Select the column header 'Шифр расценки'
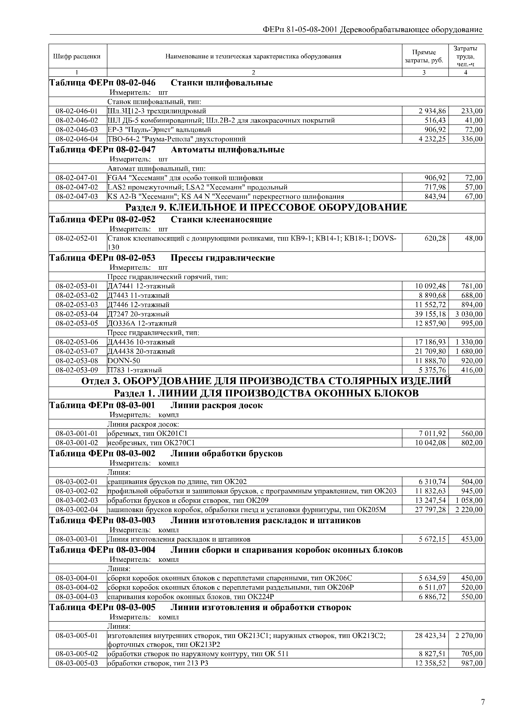(x=77, y=56)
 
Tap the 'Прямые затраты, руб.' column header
(x=424, y=56)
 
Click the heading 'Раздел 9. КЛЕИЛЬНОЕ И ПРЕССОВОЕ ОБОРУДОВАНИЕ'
(x=266, y=207)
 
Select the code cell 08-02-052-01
(x=77, y=238)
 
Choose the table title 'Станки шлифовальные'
(x=222, y=83)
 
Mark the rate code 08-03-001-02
(x=77, y=443)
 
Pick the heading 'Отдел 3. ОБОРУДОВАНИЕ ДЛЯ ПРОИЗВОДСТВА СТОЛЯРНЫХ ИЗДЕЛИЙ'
(x=266, y=381)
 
